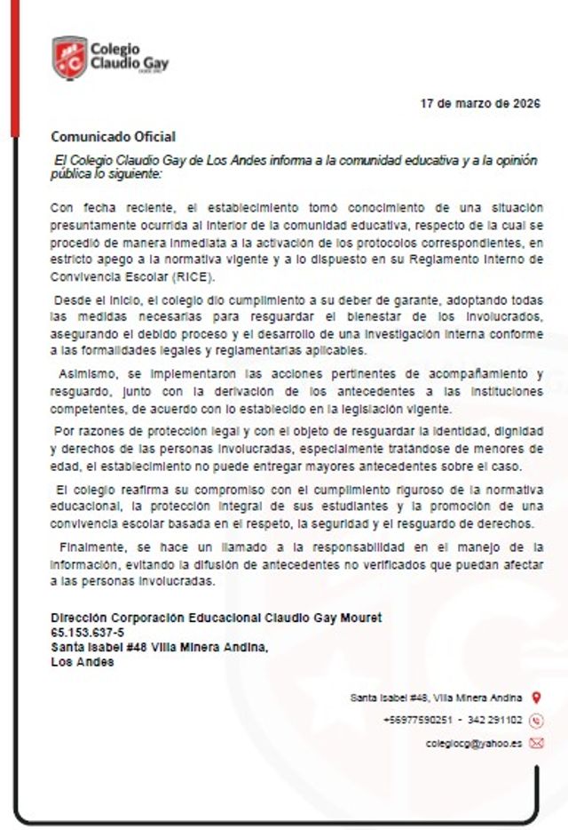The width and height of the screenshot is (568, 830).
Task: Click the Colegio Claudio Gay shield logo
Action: (69, 58)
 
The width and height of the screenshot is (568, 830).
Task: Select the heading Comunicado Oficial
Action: (113, 137)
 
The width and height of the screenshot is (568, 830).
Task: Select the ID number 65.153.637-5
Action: (88, 632)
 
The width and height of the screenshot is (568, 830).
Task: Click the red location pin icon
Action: (536, 698)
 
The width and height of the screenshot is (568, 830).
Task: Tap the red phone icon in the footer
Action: (536, 721)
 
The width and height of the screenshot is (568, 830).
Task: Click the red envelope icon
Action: (536, 743)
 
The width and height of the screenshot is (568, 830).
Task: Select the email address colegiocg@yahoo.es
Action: (474, 743)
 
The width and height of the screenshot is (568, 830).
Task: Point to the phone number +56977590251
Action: (418, 721)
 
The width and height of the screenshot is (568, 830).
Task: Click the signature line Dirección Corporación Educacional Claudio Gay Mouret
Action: (217, 618)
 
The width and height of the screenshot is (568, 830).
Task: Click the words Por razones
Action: (87, 431)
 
